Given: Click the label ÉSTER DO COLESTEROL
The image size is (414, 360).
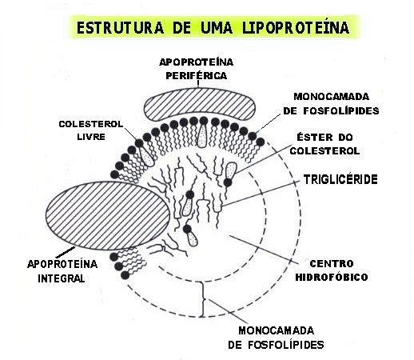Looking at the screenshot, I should click(325, 143).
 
